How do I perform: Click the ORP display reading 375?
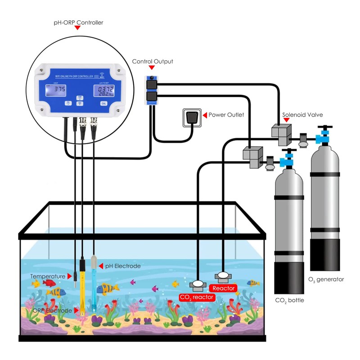coord(59,90)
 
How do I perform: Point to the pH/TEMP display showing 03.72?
coord(104,91)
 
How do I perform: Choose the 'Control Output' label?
coord(152,61)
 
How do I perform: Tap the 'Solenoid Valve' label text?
coord(302,115)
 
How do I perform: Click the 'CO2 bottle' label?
coord(289,300)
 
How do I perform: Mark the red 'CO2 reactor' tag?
coord(197,297)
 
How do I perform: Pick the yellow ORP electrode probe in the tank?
coord(83,288)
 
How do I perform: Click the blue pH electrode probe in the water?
coord(94,283)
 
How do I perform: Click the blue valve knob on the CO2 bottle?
coord(287,161)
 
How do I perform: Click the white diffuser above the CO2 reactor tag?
coord(198,284)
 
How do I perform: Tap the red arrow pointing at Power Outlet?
coord(205,115)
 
